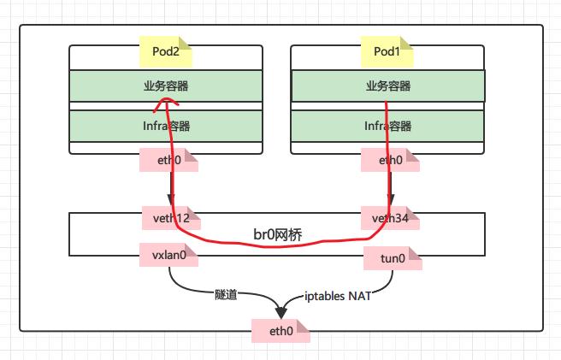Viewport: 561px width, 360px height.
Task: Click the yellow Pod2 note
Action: point(166,51)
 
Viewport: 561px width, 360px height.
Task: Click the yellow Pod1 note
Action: point(388,51)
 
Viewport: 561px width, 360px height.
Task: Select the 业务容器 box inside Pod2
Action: point(166,86)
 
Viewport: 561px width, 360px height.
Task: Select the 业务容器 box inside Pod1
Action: point(388,86)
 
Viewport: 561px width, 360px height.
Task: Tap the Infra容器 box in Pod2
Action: point(166,126)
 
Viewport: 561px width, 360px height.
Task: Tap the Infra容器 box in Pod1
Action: point(388,126)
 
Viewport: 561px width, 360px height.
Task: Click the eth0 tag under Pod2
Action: point(168,160)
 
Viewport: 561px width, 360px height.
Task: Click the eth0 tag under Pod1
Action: point(391,160)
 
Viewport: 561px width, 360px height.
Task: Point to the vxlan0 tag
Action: point(168,255)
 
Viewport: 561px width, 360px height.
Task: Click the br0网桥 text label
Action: point(278,233)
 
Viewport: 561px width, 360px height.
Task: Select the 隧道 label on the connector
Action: point(227,295)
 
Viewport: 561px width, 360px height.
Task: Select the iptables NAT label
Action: point(338,296)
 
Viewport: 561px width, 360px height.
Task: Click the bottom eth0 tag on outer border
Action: point(280,329)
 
